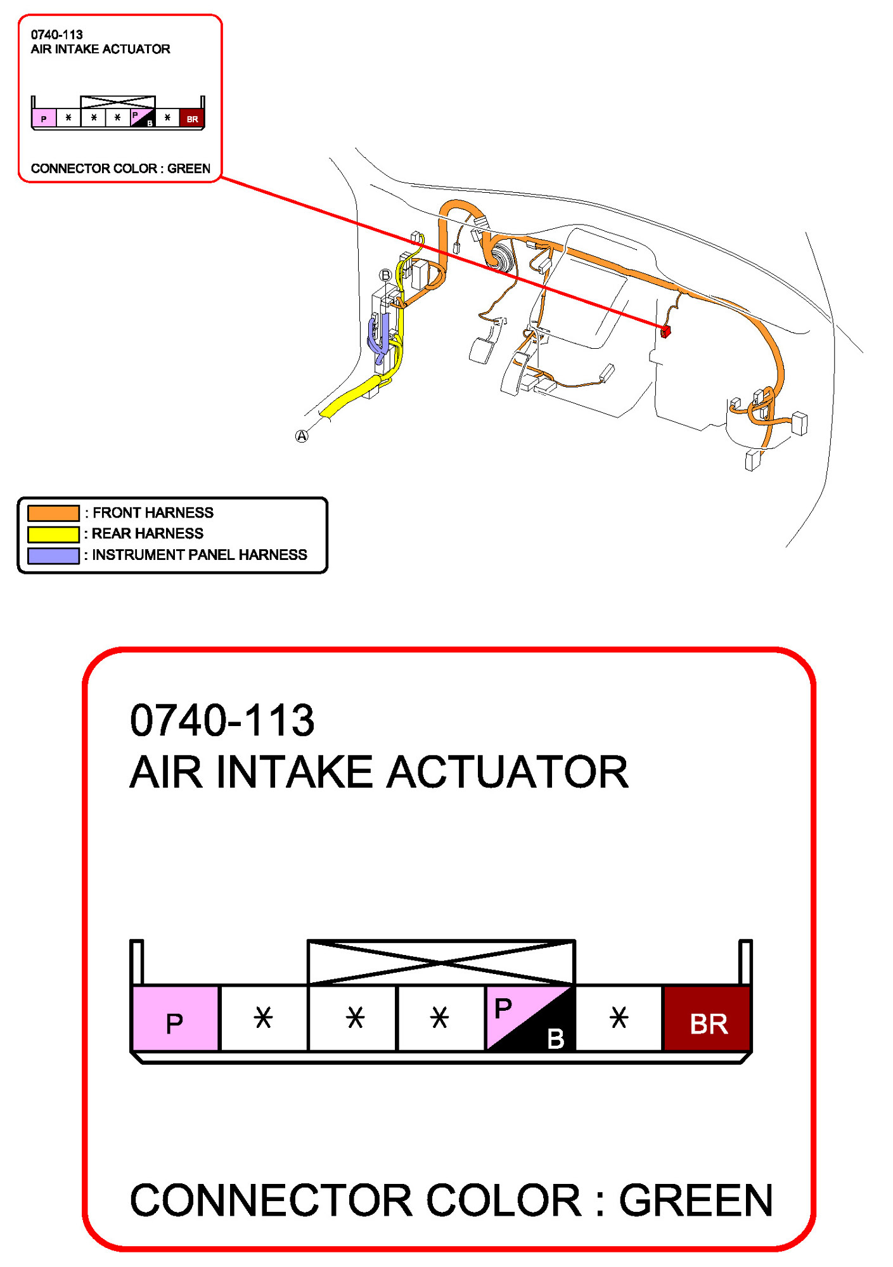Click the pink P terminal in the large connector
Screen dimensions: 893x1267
pos(175,1018)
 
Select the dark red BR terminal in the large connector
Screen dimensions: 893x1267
pos(707,1018)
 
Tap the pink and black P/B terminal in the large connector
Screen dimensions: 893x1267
pos(530,1018)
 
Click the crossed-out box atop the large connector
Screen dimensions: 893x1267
pos(441,963)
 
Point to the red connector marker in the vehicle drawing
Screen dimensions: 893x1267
pos(665,331)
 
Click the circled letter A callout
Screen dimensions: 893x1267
pos(302,436)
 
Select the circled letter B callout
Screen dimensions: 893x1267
pos(385,275)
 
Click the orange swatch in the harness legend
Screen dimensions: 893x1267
pos(53,513)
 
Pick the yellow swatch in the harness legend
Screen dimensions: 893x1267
pos(53,534)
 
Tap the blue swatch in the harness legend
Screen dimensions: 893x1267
pos(53,556)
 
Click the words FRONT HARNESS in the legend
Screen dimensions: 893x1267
pos(153,513)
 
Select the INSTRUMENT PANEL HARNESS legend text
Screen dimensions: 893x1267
pos(199,556)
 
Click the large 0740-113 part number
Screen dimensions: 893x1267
pos(222,721)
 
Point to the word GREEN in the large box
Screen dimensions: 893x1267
pos(695,1200)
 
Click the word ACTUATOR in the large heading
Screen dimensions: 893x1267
pos(508,772)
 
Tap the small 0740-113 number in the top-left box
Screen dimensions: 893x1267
pos(56,35)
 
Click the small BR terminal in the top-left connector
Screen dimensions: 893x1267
pos(192,119)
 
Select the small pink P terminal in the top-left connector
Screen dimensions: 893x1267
pos(44,119)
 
